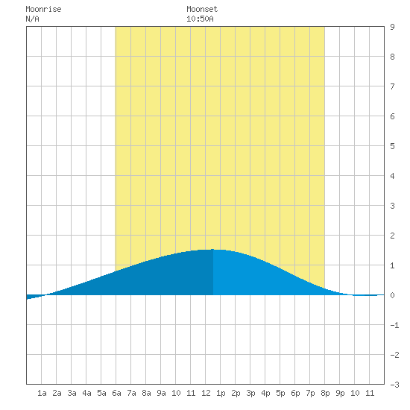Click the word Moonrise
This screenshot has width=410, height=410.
[x=43, y=9]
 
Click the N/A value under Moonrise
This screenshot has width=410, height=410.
[x=32, y=19]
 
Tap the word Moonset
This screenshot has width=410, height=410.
[x=202, y=9]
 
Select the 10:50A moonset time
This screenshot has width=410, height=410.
[x=200, y=19]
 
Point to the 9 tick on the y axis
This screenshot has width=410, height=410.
[x=392, y=27]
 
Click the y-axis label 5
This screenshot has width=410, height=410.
[x=392, y=146]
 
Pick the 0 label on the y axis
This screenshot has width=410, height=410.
[x=392, y=295]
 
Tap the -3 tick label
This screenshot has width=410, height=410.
[x=394, y=385]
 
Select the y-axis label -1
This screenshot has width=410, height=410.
[x=394, y=325]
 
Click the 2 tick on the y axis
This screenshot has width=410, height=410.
[x=392, y=236]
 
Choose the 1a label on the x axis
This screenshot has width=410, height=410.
[x=42, y=393]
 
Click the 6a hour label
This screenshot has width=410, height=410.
[x=116, y=393]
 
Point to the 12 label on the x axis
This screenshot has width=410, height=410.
[x=206, y=393]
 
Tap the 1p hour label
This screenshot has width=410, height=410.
[x=221, y=393]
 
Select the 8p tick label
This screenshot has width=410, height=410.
[x=325, y=393]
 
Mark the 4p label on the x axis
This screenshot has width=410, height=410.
[x=265, y=393]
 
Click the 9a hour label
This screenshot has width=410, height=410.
[x=161, y=393]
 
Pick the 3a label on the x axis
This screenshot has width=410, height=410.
[x=72, y=393]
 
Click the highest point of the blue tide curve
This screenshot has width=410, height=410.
[x=213, y=250]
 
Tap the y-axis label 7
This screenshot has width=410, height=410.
[x=392, y=86]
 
